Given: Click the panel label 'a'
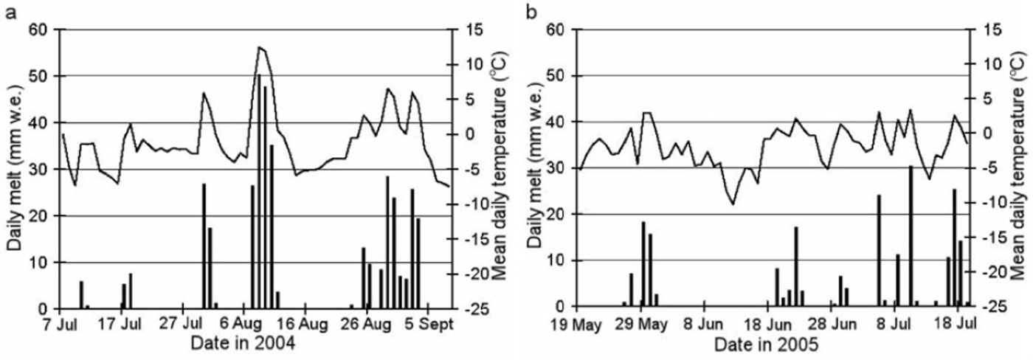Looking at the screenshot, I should [x=10, y=11].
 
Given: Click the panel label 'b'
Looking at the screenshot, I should [x=529, y=11].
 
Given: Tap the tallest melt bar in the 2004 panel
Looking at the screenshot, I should [x=258, y=192].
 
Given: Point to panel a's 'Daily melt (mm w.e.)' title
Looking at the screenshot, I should [x=15, y=167].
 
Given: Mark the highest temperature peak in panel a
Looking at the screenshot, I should [x=259, y=47].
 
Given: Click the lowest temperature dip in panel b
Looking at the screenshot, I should [x=732, y=204].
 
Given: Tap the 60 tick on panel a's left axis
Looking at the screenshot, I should [x=37, y=30].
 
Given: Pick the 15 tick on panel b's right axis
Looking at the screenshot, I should [x=993, y=30].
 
